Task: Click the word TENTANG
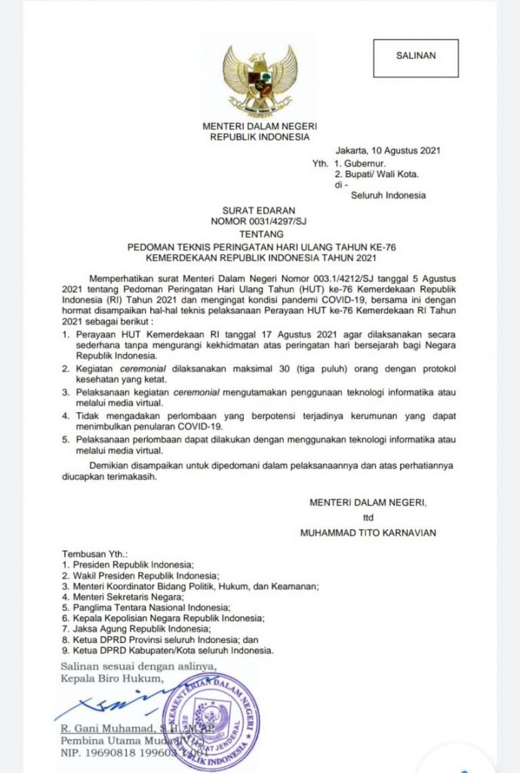(260, 234)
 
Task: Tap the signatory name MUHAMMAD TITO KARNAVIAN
(368, 533)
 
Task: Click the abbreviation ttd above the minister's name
(368, 518)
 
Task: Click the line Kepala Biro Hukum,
(112, 677)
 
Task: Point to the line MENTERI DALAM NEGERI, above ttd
(368, 503)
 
